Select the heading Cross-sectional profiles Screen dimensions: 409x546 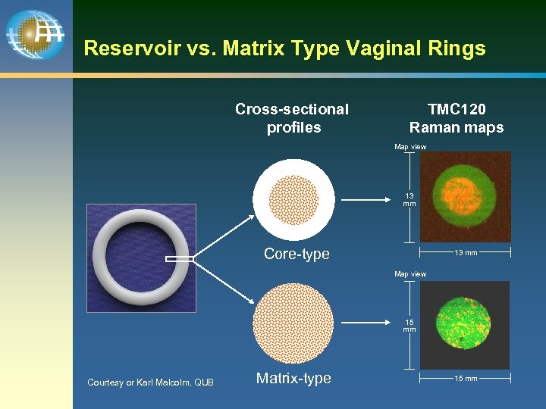tap(292, 118)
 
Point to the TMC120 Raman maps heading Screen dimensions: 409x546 tap(456, 118)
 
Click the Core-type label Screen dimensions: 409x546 tap(297, 254)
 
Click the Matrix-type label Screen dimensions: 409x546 tap(293, 378)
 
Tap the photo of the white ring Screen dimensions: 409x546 tap(141, 258)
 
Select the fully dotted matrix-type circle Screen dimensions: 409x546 tap(293, 323)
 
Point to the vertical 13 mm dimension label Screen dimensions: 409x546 tap(409, 200)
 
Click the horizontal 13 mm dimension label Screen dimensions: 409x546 tap(466, 253)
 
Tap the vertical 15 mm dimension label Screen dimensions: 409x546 tap(409, 326)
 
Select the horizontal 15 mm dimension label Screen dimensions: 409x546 tap(466, 378)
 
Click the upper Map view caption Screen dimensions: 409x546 tap(410, 147)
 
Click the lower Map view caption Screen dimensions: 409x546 tap(410, 274)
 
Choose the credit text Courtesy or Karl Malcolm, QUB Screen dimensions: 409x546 tap(150, 382)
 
